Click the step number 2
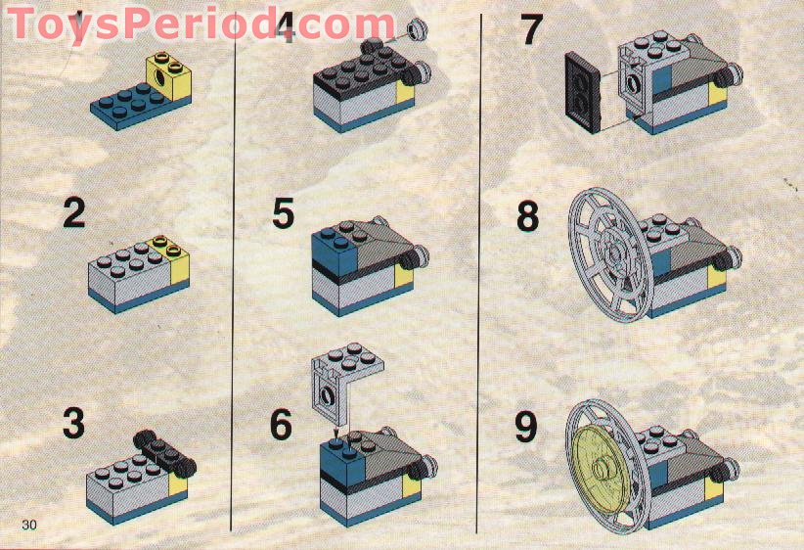click(x=73, y=214)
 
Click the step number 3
click(x=73, y=423)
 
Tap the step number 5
click(x=283, y=214)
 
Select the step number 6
click(x=281, y=424)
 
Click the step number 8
click(x=528, y=216)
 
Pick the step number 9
click(x=526, y=427)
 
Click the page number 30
click(x=29, y=525)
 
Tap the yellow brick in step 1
click(x=169, y=77)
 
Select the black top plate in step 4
click(x=359, y=69)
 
